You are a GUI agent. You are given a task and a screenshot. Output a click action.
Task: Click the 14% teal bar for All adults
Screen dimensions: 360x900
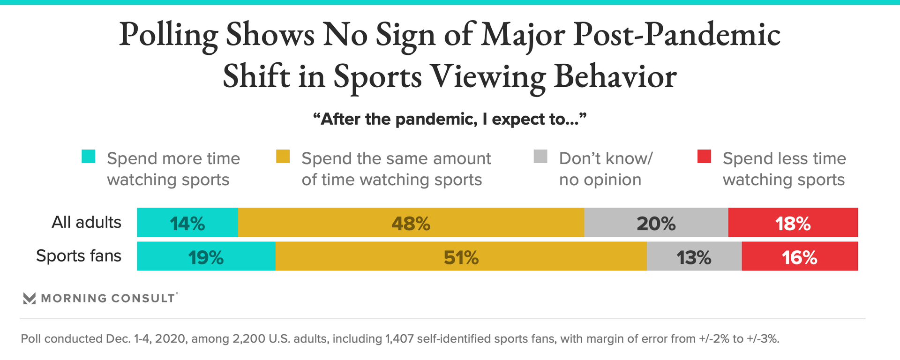point(187,223)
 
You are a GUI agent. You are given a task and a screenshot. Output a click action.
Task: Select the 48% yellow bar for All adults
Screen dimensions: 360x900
point(411,223)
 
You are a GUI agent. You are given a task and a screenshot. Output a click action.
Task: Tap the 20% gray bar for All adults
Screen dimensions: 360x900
point(656,223)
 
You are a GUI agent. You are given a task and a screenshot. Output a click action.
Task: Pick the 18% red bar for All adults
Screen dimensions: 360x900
point(793,223)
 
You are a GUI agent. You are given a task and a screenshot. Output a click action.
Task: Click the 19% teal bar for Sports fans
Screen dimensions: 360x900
point(206,256)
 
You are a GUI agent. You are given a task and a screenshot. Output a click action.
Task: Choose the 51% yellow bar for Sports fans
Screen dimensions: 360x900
point(461,256)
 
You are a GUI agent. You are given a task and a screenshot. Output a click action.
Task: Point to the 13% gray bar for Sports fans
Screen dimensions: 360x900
point(694,256)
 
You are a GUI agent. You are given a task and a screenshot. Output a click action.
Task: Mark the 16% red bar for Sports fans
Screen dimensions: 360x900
point(800,256)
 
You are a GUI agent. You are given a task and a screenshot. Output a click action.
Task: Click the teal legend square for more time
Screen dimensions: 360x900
point(88,157)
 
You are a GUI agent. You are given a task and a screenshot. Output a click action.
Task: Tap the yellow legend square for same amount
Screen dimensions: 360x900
point(283,157)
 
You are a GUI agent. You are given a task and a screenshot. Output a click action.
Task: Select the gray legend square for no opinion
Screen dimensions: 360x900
point(540,157)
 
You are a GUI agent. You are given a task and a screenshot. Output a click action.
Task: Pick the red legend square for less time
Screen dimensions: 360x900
point(704,157)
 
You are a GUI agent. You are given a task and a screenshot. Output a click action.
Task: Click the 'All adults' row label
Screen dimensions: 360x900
point(86,222)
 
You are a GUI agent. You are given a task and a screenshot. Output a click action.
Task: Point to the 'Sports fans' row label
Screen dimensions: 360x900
point(79,256)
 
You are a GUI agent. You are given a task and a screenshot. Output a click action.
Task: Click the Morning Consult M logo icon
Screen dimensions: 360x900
point(29,299)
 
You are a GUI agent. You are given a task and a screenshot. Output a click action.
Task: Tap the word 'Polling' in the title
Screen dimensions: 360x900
point(168,36)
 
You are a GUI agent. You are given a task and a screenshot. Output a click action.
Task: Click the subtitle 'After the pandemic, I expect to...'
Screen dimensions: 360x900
point(450,119)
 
